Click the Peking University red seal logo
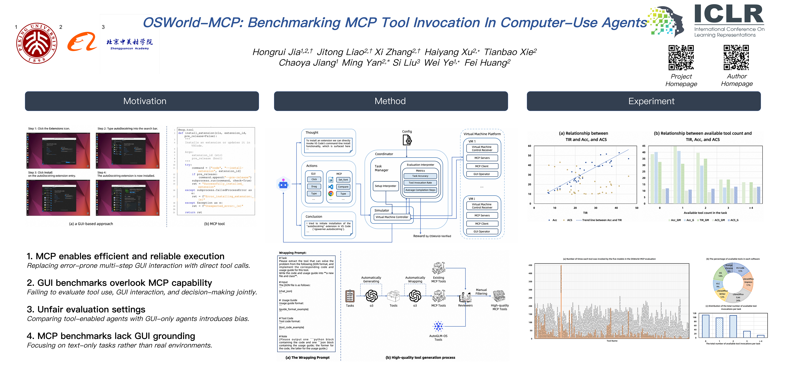coord(37,43)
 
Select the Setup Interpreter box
coord(385,186)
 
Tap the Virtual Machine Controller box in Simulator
coord(392,217)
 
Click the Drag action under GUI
coord(314,187)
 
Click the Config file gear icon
coord(407,140)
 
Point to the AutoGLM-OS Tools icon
coord(438,326)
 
